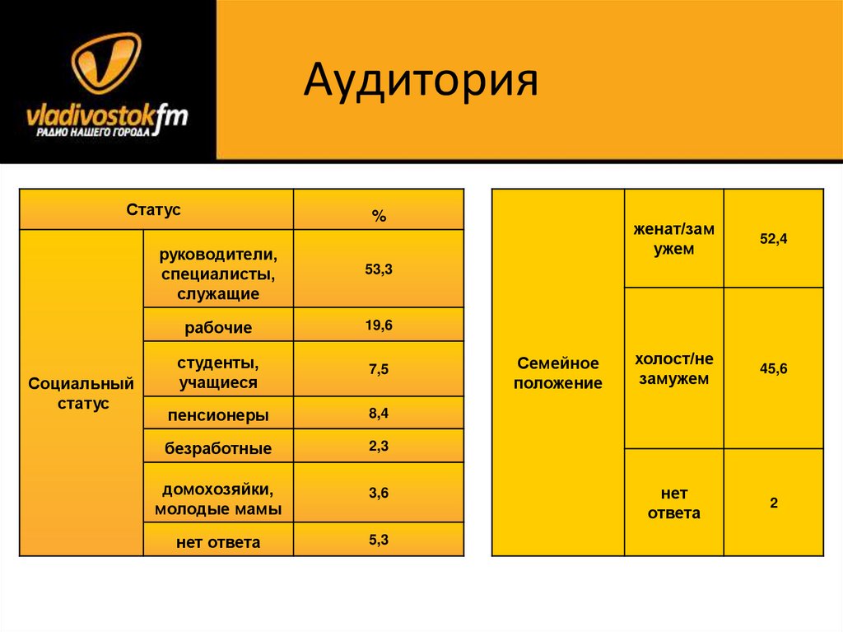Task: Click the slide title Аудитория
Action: [x=421, y=82]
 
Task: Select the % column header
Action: [x=379, y=216]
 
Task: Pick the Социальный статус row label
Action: [x=81, y=394]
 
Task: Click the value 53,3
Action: [x=379, y=269]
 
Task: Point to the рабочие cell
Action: [x=218, y=328]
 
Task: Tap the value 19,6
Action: [x=379, y=325]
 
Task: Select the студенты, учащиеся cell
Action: [x=218, y=372]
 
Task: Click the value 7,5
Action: [x=379, y=369]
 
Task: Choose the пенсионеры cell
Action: [x=218, y=415]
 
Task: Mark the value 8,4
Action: [x=379, y=413]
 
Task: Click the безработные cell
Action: [x=218, y=449]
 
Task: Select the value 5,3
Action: [x=379, y=540]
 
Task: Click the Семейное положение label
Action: [x=557, y=373]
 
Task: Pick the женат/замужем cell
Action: [x=674, y=238]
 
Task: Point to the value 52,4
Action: [x=773, y=239]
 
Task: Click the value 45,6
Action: [x=773, y=368]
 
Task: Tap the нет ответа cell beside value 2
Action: [x=674, y=503]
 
